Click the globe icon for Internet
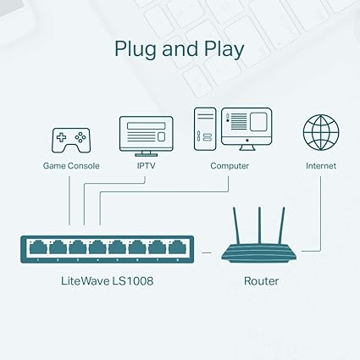tap(320, 133)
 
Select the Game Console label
tap(71, 166)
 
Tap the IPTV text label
tap(146, 166)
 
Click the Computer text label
tap(230, 166)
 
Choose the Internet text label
tap(320, 166)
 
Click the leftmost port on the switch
tap(39, 248)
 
